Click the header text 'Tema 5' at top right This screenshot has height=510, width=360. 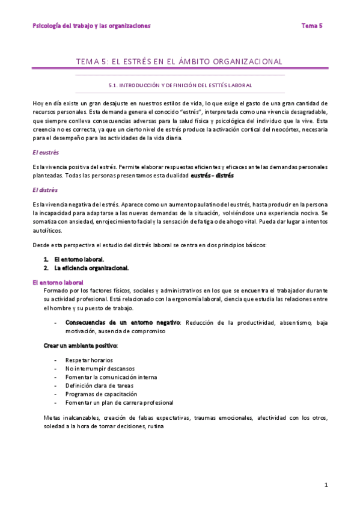point(312,25)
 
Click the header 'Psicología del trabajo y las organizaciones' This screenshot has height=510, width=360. point(91,25)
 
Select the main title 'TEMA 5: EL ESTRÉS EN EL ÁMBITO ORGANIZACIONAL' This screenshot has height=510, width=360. point(179,61)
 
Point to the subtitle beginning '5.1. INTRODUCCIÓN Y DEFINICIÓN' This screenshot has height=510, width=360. point(180,86)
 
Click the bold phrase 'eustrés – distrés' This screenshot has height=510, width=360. point(212,176)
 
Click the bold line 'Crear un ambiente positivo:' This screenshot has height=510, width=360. point(81,346)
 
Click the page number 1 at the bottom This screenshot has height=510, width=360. point(326,485)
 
